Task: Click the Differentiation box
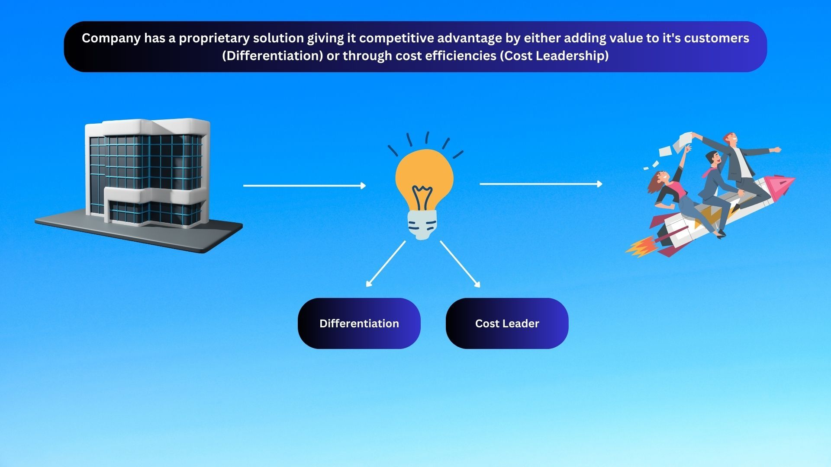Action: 359,323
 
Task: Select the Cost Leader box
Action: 507,323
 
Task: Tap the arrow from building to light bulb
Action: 304,186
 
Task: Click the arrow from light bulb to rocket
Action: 541,184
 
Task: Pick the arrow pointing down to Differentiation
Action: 386,264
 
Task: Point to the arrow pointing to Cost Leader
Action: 460,264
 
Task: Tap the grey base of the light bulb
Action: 422,225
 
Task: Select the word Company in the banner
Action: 111,38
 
